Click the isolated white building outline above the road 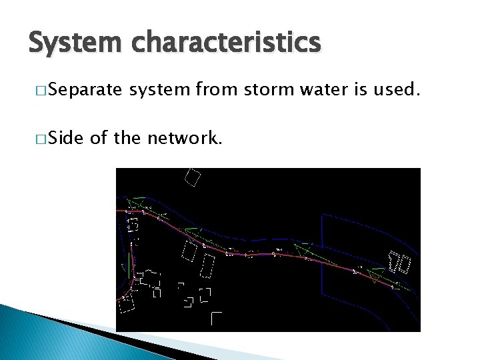click(x=192, y=177)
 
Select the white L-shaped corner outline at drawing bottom click(x=215, y=318)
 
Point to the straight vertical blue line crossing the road click(x=322, y=247)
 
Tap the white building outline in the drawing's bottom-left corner click(x=127, y=304)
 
